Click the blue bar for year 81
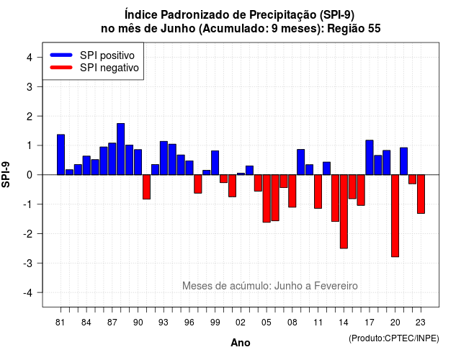[x=61, y=155]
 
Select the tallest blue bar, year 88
[x=120, y=149]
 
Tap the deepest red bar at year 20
[x=395, y=216]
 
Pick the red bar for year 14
[x=344, y=212]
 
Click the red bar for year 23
[x=421, y=194]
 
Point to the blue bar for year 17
[x=370, y=158]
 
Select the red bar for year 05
[x=267, y=199]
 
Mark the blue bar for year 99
[x=215, y=163]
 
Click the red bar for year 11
[x=318, y=192]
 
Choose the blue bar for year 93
[x=164, y=158]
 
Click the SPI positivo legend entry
[x=92, y=55]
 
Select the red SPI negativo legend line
[x=61, y=68]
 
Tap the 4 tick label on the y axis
[x=30, y=58]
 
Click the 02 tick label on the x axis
[x=241, y=323]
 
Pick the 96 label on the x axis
[x=189, y=323]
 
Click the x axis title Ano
[x=241, y=343]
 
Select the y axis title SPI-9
[x=6, y=174]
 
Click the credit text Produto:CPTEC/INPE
[x=394, y=338]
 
